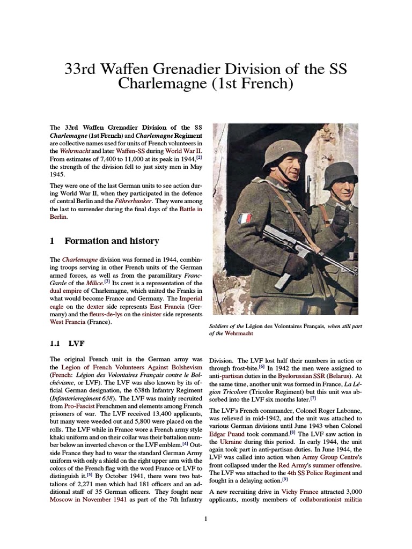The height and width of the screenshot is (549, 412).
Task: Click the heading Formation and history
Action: click(112, 241)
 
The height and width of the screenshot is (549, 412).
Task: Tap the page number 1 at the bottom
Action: click(206, 518)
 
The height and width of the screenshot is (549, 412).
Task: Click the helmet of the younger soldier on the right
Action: click(340, 174)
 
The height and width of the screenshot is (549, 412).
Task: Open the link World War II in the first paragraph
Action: click(183, 151)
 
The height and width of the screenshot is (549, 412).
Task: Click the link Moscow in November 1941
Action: click(89, 499)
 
